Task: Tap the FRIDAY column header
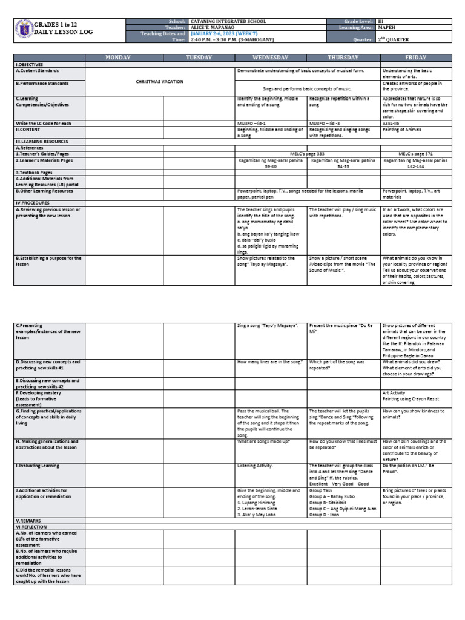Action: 416,58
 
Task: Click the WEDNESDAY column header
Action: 271,58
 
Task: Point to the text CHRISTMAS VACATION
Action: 160,81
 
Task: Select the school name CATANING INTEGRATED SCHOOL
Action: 228,21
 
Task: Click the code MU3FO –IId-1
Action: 252,123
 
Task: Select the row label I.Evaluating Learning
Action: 38,466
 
